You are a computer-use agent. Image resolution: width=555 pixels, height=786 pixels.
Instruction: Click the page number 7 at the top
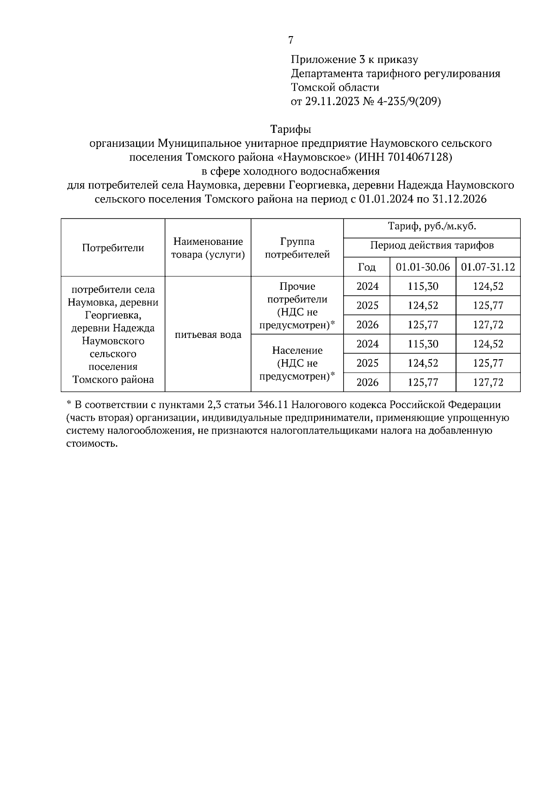coord(290,40)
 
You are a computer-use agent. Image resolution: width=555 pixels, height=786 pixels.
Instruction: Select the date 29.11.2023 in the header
coord(327,101)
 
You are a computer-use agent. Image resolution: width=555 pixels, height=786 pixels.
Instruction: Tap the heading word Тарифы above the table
coord(290,129)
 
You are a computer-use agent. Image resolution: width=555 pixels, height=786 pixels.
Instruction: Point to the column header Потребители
coord(113,248)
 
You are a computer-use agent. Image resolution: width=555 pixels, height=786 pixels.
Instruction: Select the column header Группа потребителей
coord(297,248)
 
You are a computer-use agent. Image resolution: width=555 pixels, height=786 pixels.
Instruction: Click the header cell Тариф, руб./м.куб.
coord(432,227)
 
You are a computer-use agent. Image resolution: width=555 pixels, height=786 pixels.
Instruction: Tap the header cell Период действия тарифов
coord(432,245)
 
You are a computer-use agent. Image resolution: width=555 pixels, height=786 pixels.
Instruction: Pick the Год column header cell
coord(366,267)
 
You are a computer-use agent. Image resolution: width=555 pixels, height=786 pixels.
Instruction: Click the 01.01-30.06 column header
coord(423,267)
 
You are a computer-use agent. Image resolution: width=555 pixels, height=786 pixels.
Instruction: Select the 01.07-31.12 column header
coord(488,267)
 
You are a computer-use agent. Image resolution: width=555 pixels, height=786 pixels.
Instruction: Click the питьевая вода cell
coord(208,335)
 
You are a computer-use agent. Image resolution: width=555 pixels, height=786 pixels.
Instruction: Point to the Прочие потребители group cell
coord(297,306)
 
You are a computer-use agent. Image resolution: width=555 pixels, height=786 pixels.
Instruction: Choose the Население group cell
coord(297,363)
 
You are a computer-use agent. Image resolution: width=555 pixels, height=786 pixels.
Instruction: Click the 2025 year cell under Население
coord(367,363)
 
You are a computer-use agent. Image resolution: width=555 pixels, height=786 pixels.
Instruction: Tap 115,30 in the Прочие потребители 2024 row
coord(423,287)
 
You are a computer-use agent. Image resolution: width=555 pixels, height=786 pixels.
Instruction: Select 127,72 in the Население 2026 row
coord(488,382)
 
